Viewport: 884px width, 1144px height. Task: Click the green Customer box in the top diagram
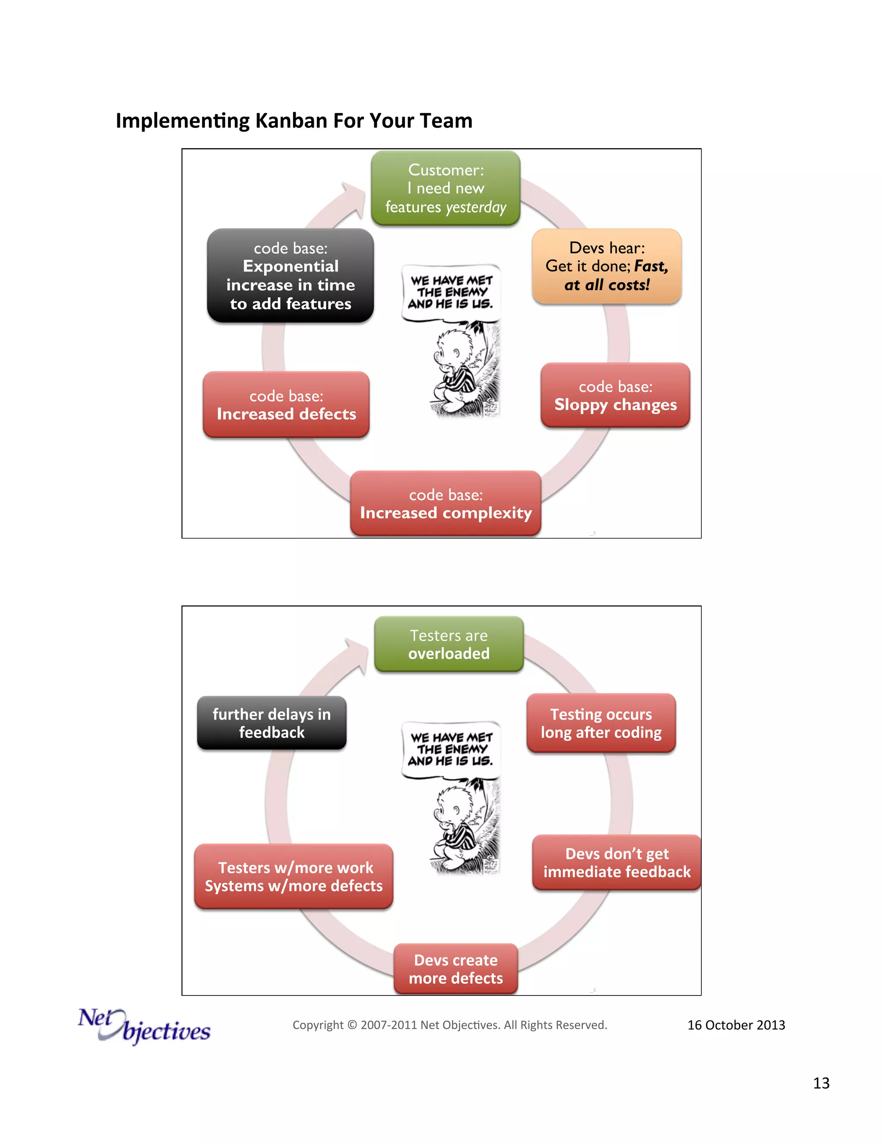[445, 188]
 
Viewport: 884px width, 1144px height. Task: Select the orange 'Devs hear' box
[606, 266]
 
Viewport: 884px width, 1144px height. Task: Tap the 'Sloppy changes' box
[616, 395]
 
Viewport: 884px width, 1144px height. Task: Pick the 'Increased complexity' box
[445, 503]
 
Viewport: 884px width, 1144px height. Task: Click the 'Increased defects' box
[286, 405]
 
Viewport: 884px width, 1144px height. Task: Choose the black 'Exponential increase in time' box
[290, 275]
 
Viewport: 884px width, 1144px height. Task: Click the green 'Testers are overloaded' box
[449, 644]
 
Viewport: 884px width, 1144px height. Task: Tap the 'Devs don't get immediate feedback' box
[616, 863]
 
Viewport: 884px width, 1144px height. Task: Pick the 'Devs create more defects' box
[456, 969]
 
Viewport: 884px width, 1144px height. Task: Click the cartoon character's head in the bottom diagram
[451, 805]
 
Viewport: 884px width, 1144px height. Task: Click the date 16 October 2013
[736, 1025]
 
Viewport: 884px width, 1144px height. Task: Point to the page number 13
[821, 1083]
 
